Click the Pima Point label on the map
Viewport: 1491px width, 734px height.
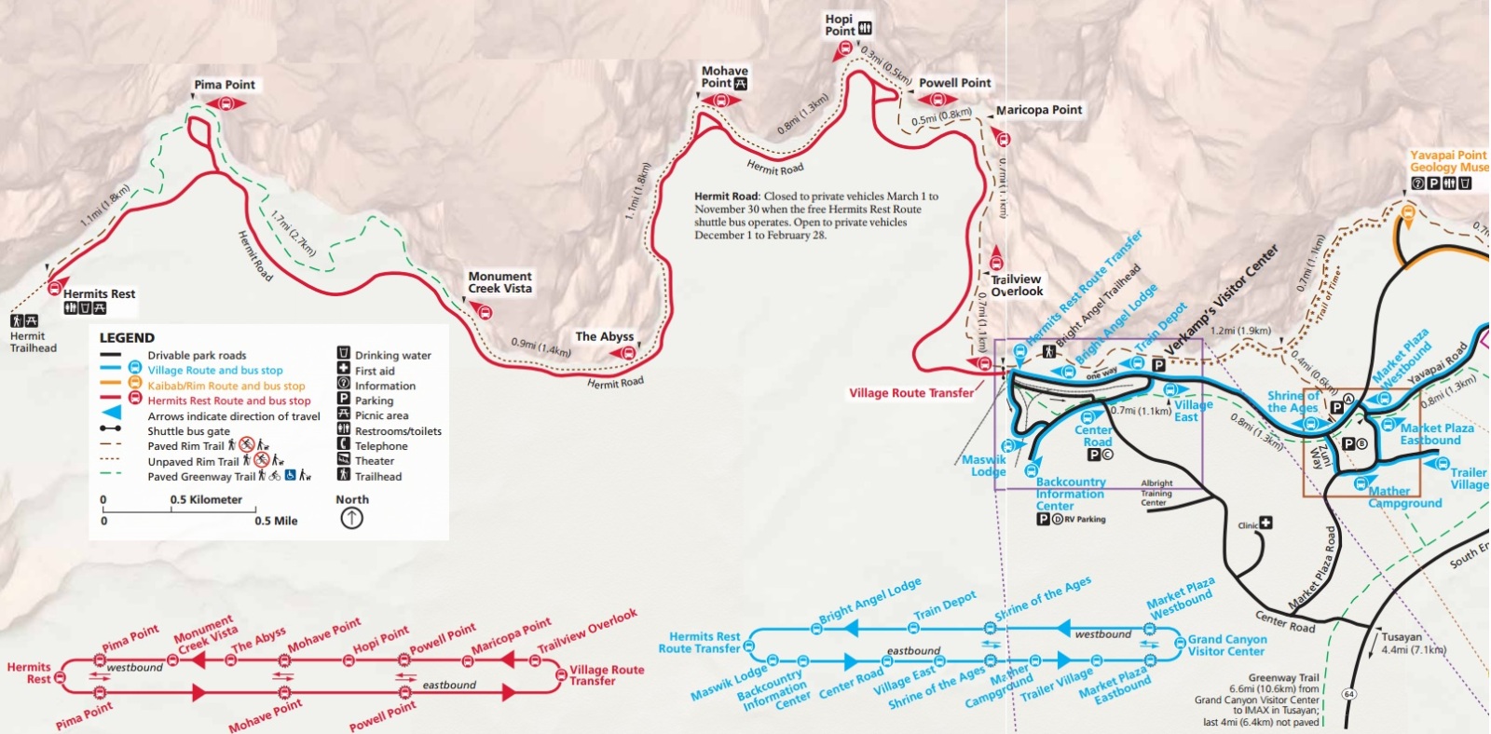point(225,85)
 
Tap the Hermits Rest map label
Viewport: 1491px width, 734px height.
point(99,293)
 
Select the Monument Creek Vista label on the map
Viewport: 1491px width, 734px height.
point(499,282)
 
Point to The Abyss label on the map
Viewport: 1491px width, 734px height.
point(604,336)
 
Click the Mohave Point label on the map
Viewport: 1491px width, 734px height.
point(724,76)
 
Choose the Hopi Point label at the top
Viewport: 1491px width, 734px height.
point(839,24)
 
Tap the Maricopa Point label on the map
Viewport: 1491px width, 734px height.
point(1039,110)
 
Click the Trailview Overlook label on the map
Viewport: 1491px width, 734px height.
point(1016,285)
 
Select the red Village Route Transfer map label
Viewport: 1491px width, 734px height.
point(910,393)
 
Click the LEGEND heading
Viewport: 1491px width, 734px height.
point(127,337)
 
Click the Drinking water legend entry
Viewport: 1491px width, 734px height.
point(392,355)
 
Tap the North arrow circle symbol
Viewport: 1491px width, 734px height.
point(351,518)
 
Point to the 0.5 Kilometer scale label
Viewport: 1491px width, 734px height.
point(206,500)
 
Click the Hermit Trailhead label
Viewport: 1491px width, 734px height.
point(33,342)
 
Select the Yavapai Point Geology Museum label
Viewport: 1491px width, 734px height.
point(1448,161)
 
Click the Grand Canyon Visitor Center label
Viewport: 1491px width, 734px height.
point(1226,645)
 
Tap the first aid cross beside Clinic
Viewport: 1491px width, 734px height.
point(1265,523)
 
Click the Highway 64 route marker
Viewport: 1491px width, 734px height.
point(1349,694)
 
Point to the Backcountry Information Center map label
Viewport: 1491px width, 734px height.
point(1070,494)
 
